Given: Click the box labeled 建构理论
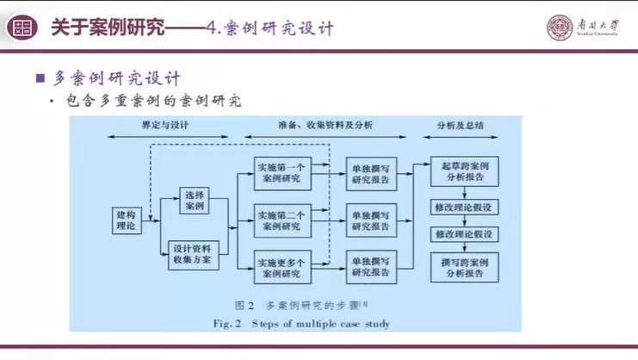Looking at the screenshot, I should click(x=126, y=219).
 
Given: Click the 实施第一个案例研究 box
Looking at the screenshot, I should click(x=279, y=171).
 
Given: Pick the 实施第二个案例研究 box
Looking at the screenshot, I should click(x=279, y=220).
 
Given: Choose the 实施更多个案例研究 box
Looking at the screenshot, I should click(x=279, y=267).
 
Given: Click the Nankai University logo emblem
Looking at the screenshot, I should click(x=560, y=28).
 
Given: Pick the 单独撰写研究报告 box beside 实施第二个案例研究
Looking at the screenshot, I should click(x=370, y=220).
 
